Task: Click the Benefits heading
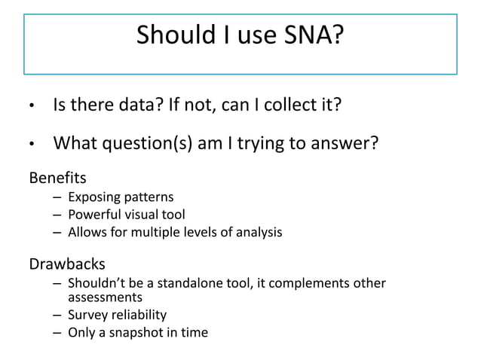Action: [x=57, y=178]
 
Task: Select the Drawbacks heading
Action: [x=67, y=264]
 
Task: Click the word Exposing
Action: [x=93, y=198]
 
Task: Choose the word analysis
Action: [x=259, y=233]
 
